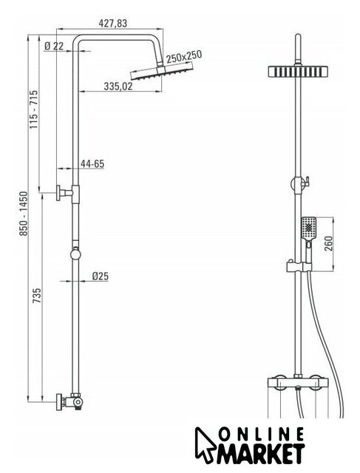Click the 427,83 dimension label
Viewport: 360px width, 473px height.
pos(113,23)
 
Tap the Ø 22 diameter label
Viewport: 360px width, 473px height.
pos(54,46)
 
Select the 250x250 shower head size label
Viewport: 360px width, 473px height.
pos(184,56)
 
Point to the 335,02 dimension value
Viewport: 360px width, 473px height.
pos(118,86)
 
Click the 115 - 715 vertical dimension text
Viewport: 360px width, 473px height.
pos(34,109)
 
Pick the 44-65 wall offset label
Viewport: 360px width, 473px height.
pos(92,164)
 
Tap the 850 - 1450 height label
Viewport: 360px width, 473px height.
pos(23,214)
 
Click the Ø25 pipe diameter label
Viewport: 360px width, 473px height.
pos(101,276)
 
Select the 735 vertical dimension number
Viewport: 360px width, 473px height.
pos(36,296)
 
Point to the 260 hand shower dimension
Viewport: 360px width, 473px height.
pos(328,243)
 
